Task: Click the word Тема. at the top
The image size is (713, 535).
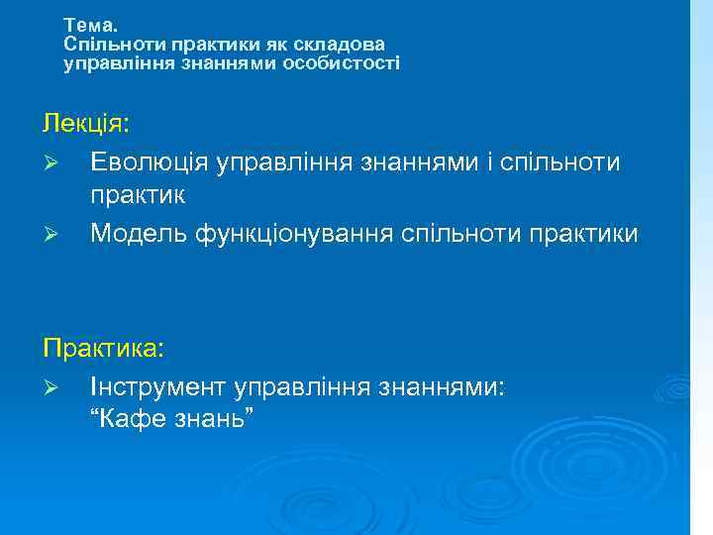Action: pos(89,24)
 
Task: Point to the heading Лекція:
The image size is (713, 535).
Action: pos(86,124)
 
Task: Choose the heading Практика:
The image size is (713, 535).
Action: pos(103,350)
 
